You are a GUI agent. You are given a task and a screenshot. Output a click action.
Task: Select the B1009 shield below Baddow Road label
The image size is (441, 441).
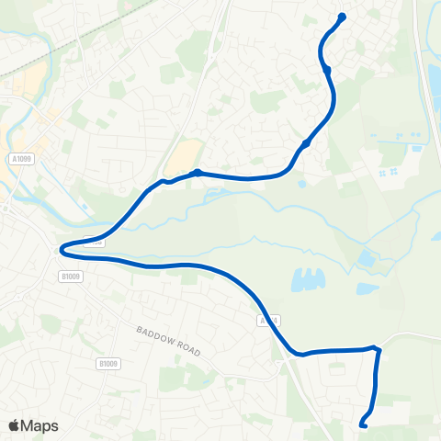(107, 364)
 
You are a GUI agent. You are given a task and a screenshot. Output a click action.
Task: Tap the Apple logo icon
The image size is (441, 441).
(14, 425)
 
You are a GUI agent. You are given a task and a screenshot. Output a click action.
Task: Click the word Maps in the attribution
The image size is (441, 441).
(40, 425)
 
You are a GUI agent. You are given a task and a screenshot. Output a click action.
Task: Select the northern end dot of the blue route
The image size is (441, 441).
(342, 17)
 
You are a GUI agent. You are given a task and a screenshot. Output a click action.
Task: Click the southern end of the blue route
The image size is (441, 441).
(362, 424)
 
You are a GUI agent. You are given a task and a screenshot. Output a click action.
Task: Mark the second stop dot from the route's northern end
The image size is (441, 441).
(327, 69)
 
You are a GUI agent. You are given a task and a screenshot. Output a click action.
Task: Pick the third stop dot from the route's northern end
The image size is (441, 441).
(306, 143)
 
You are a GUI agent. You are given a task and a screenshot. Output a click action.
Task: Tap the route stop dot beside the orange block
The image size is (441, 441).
(197, 172)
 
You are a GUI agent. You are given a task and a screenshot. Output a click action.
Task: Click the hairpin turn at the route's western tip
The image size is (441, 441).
(62, 249)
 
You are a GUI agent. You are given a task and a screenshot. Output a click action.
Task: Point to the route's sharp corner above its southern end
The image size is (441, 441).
(375, 349)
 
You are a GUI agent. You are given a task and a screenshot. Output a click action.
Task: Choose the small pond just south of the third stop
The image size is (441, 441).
(301, 183)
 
